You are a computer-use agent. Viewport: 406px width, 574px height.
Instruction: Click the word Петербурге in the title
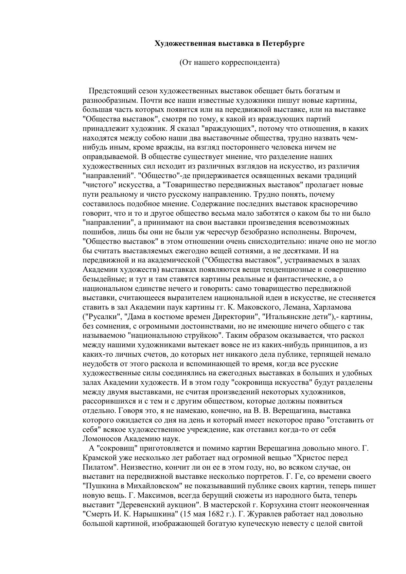tap(283, 44)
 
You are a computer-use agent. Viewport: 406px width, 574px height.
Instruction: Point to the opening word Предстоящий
tap(111, 91)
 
